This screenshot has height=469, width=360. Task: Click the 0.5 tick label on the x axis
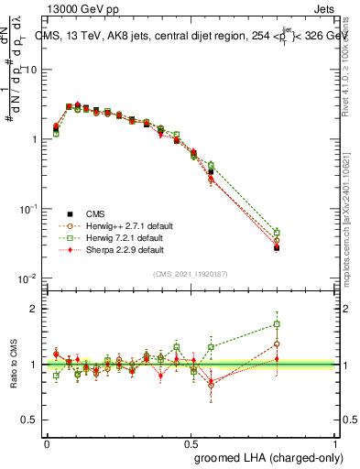(x=192, y=442)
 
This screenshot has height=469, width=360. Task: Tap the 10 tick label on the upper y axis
(x=31, y=70)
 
